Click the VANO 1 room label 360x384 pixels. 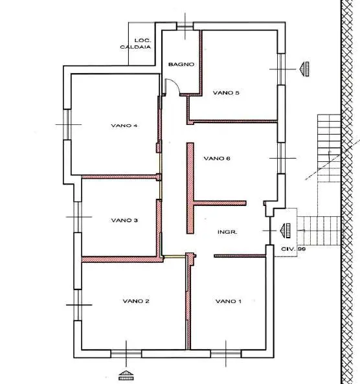229,301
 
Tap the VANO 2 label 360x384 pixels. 136,300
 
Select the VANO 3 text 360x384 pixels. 124,220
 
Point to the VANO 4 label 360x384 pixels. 124,126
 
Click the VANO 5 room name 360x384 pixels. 226,93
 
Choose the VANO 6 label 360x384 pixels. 217,158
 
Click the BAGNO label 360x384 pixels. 181,64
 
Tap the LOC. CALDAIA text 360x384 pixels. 136,43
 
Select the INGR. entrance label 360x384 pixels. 227,232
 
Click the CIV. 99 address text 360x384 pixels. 293,249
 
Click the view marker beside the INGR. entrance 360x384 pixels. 286,231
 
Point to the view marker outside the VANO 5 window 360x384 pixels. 304,69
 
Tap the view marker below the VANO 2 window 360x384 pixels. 126,375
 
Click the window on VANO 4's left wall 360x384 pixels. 67,124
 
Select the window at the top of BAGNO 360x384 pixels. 185,26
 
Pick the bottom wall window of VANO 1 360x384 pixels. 226,354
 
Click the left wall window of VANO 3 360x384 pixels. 78,217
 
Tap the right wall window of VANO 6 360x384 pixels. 281,158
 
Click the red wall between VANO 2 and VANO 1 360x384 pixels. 188,300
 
